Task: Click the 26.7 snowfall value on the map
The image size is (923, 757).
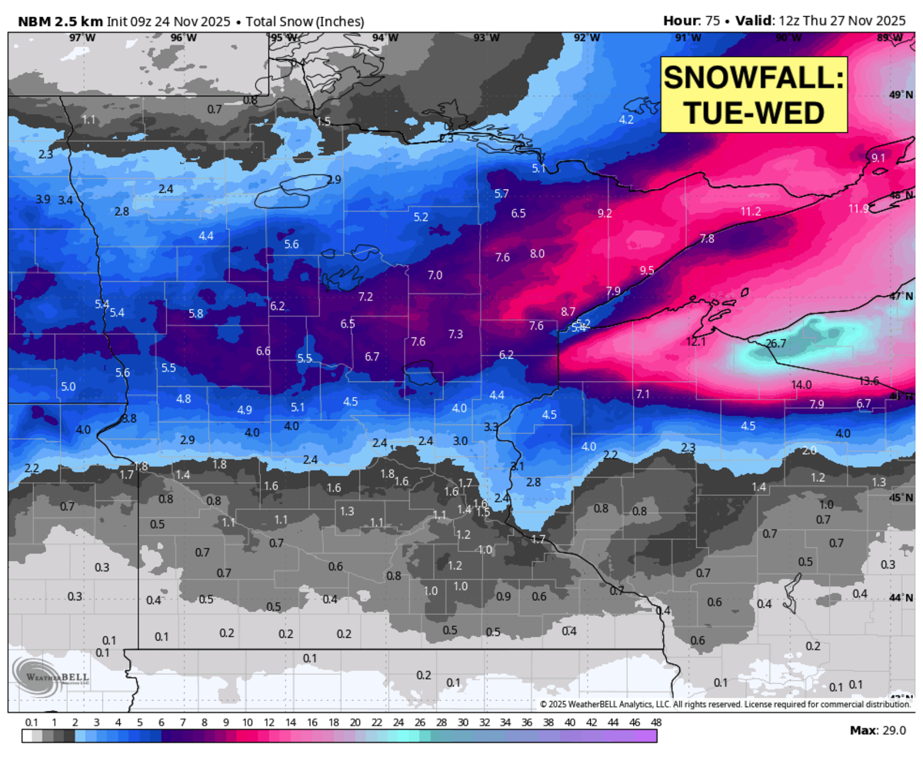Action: pos(776,344)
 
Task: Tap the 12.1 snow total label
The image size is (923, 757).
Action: pos(696,342)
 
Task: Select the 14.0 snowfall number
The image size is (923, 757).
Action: pos(801,384)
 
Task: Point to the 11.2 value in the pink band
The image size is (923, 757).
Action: pos(751,211)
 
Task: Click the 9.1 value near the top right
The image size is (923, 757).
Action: pos(878,158)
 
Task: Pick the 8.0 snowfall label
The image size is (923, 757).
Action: pos(537,254)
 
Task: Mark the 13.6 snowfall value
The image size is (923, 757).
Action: pos(869,380)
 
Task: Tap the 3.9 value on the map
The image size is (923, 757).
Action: pos(43,199)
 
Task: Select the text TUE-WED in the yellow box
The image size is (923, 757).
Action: pos(753,113)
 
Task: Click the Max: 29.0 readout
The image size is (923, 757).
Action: pos(878,730)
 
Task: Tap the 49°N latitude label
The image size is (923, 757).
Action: pos(900,95)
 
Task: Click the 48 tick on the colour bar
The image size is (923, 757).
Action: pos(655,723)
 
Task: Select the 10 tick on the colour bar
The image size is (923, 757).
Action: pos(248,723)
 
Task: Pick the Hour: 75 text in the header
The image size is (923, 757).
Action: pos(691,21)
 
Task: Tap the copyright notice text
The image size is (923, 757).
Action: pos(725,704)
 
